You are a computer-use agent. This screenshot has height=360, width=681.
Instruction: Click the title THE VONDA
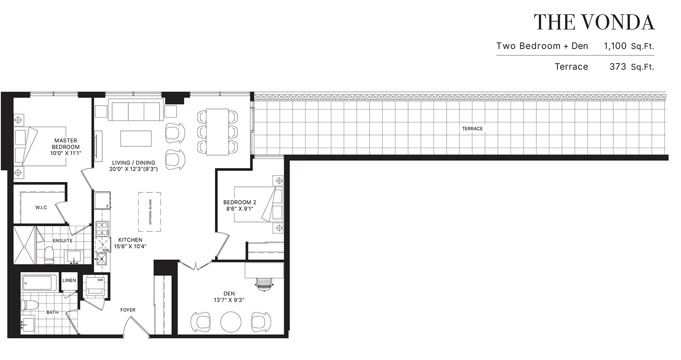pos(594,22)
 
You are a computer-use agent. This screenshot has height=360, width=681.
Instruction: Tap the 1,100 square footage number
pos(615,46)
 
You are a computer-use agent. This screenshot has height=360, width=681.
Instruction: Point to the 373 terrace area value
pos(618,67)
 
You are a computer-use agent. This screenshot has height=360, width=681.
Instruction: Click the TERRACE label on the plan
pos(472,129)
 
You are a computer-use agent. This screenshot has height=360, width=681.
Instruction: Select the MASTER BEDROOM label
pos(66,144)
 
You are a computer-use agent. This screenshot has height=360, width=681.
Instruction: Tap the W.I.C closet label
pos(41,208)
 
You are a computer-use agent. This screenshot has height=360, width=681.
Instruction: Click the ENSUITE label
pos(62,241)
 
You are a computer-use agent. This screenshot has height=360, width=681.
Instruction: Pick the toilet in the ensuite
pos(49,255)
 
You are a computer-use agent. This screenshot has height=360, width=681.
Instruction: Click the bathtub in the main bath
pos(39,283)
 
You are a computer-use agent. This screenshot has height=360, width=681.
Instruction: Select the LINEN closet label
pos(69,280)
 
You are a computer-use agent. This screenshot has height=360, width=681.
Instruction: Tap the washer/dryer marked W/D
pos(95,287)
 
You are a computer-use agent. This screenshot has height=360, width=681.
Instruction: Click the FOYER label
pos(127,310)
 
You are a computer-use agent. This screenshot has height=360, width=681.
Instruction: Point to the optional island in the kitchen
pos(150,212)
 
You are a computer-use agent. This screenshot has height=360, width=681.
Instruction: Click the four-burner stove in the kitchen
pos(102,229)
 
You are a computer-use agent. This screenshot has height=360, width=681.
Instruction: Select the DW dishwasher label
pos(106,250)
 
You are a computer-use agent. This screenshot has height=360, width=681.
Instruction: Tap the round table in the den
pos(231,322)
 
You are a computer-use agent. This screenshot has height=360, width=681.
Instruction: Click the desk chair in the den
pos(265,284)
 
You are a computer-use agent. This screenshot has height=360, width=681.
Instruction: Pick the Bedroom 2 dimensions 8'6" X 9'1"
pos(240,209)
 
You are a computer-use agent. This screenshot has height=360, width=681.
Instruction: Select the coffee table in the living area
pos(136,139)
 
